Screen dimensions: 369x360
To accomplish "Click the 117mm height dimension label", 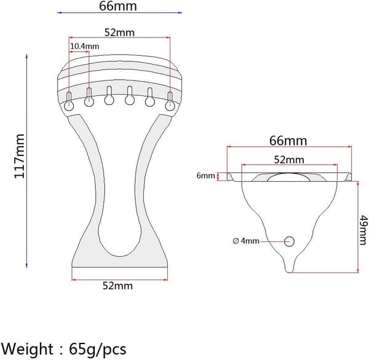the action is pos(20,156).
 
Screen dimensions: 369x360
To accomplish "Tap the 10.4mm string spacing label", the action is pos(85,46).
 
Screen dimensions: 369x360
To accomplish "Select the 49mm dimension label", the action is pos(363,230).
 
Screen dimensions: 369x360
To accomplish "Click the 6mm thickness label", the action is pos(205,176).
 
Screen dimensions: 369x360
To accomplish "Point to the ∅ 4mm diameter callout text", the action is pos(246,241).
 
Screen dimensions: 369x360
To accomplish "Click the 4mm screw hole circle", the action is pos(289,241).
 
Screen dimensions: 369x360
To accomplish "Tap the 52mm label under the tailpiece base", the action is pos(117,286).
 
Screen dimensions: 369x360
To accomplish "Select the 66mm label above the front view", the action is pos(117,6).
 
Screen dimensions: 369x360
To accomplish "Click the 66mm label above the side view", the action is pos(288,141).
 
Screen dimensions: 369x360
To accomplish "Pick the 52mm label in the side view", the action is pos(289,160).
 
